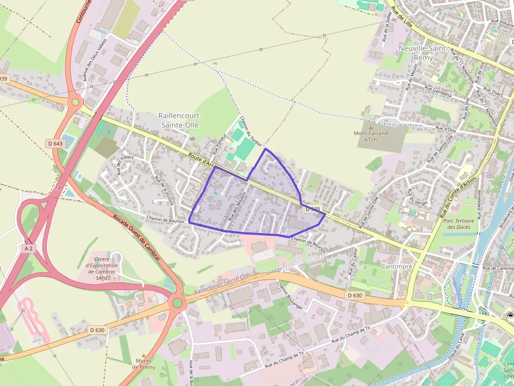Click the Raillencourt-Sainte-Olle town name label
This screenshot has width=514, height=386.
tap(180, 120)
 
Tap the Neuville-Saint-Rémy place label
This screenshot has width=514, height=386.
tap(423, 52)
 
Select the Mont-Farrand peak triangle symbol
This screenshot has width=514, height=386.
tap(371, 127)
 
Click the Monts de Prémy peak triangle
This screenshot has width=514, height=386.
tap(143, 355)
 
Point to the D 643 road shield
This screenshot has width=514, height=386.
tap(55, 144)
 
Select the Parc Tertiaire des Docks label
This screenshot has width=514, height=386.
tap(458, 224)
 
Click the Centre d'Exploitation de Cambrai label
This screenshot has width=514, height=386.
tap(105, 268)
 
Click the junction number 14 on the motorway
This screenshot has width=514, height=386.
tap(58, 187)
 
